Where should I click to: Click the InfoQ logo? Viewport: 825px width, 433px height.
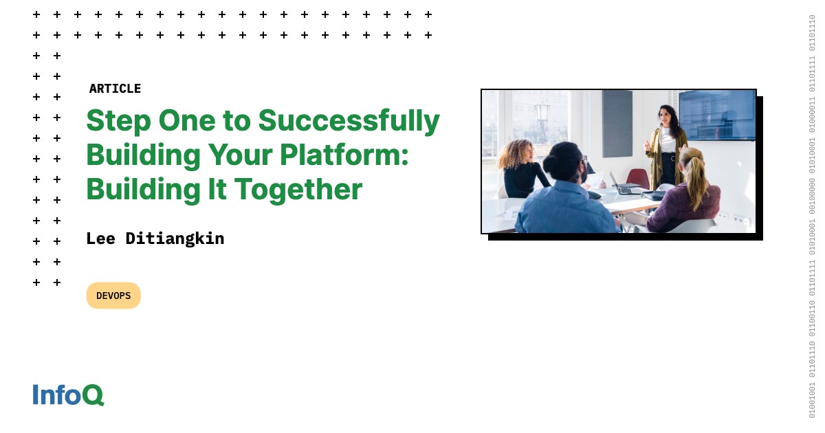pyautogui.click(x=68, y=395)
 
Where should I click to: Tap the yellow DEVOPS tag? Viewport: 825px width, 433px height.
pyautogui.click(x=113, y=296)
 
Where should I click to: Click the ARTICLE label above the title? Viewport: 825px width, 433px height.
pyautogui.click(x=115, y=89)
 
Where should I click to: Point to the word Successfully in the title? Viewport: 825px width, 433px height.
pyautogui.click(x=349, y=121)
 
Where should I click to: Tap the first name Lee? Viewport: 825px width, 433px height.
pyautogui.click(x=100, y=238)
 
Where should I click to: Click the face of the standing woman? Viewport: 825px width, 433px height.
pyautogui.click(x=665, y=115)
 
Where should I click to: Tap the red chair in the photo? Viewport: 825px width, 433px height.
pyautogui.click(x=638, y=178)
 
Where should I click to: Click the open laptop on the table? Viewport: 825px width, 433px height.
pyautogui.click(x=622, y=185)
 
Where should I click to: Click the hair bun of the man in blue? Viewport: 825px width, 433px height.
pyautogui.click(x=552, y=166)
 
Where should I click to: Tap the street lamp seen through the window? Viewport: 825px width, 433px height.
pyautogui.click(x=542, y=117)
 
